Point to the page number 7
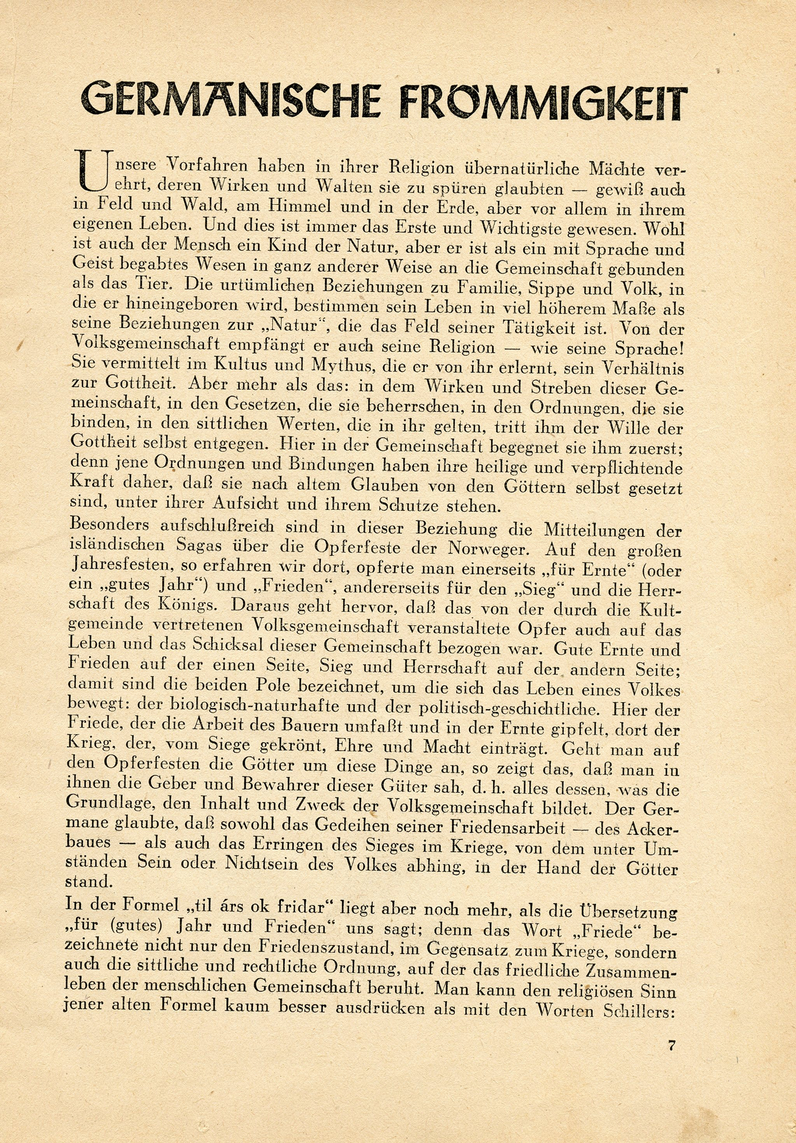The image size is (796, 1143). coord(672,1045)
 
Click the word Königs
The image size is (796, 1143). coord(194,606)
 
